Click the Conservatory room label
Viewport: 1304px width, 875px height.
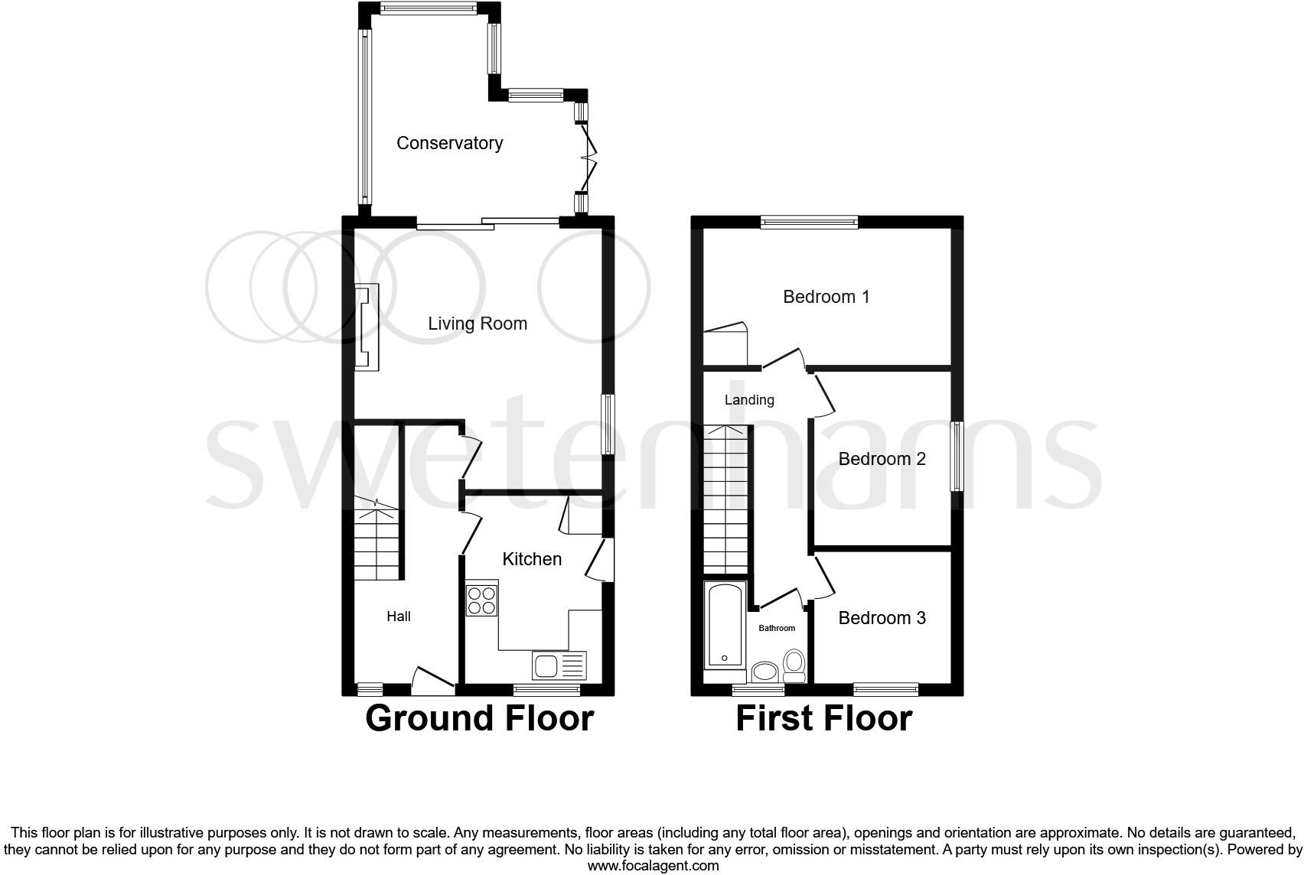(449, 143)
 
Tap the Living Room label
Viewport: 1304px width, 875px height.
(477, 324)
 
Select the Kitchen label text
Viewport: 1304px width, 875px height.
(532, 559)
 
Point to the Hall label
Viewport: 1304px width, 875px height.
(398, 616)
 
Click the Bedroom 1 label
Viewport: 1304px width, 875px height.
(826, 297)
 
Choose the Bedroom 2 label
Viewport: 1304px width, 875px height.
(882, 459)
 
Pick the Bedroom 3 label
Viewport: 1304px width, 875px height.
(882, 618)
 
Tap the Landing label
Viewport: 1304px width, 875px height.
(749, 400)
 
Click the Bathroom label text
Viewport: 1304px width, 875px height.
(776, 628)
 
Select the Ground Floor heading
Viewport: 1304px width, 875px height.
(479, 719)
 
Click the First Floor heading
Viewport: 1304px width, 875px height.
(823, 719)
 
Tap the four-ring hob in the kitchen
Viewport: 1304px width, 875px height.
(481, 600)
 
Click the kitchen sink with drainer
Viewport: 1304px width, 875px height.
(559, 665)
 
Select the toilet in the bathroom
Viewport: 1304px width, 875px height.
(794, 665)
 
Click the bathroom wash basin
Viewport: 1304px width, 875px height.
(764, 673)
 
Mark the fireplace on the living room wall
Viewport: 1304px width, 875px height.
(366, 327)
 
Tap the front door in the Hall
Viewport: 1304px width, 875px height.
(432, 681)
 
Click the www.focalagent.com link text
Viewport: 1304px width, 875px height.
(652, 866)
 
